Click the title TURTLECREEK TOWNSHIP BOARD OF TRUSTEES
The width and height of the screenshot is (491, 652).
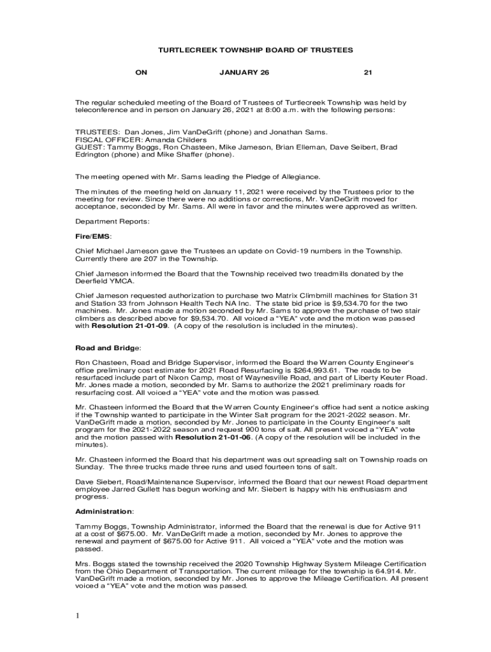pos(246,50)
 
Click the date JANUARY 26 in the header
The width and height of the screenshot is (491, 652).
pos(244,73)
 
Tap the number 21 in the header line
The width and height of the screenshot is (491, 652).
pos(367,73)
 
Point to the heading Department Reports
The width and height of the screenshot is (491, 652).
pos(112,222)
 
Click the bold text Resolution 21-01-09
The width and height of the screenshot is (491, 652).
pos(129,326)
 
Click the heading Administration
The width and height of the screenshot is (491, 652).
pos(104,511)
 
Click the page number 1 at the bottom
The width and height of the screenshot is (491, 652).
pos(77,616)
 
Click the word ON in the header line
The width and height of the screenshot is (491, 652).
pos(142,73)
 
